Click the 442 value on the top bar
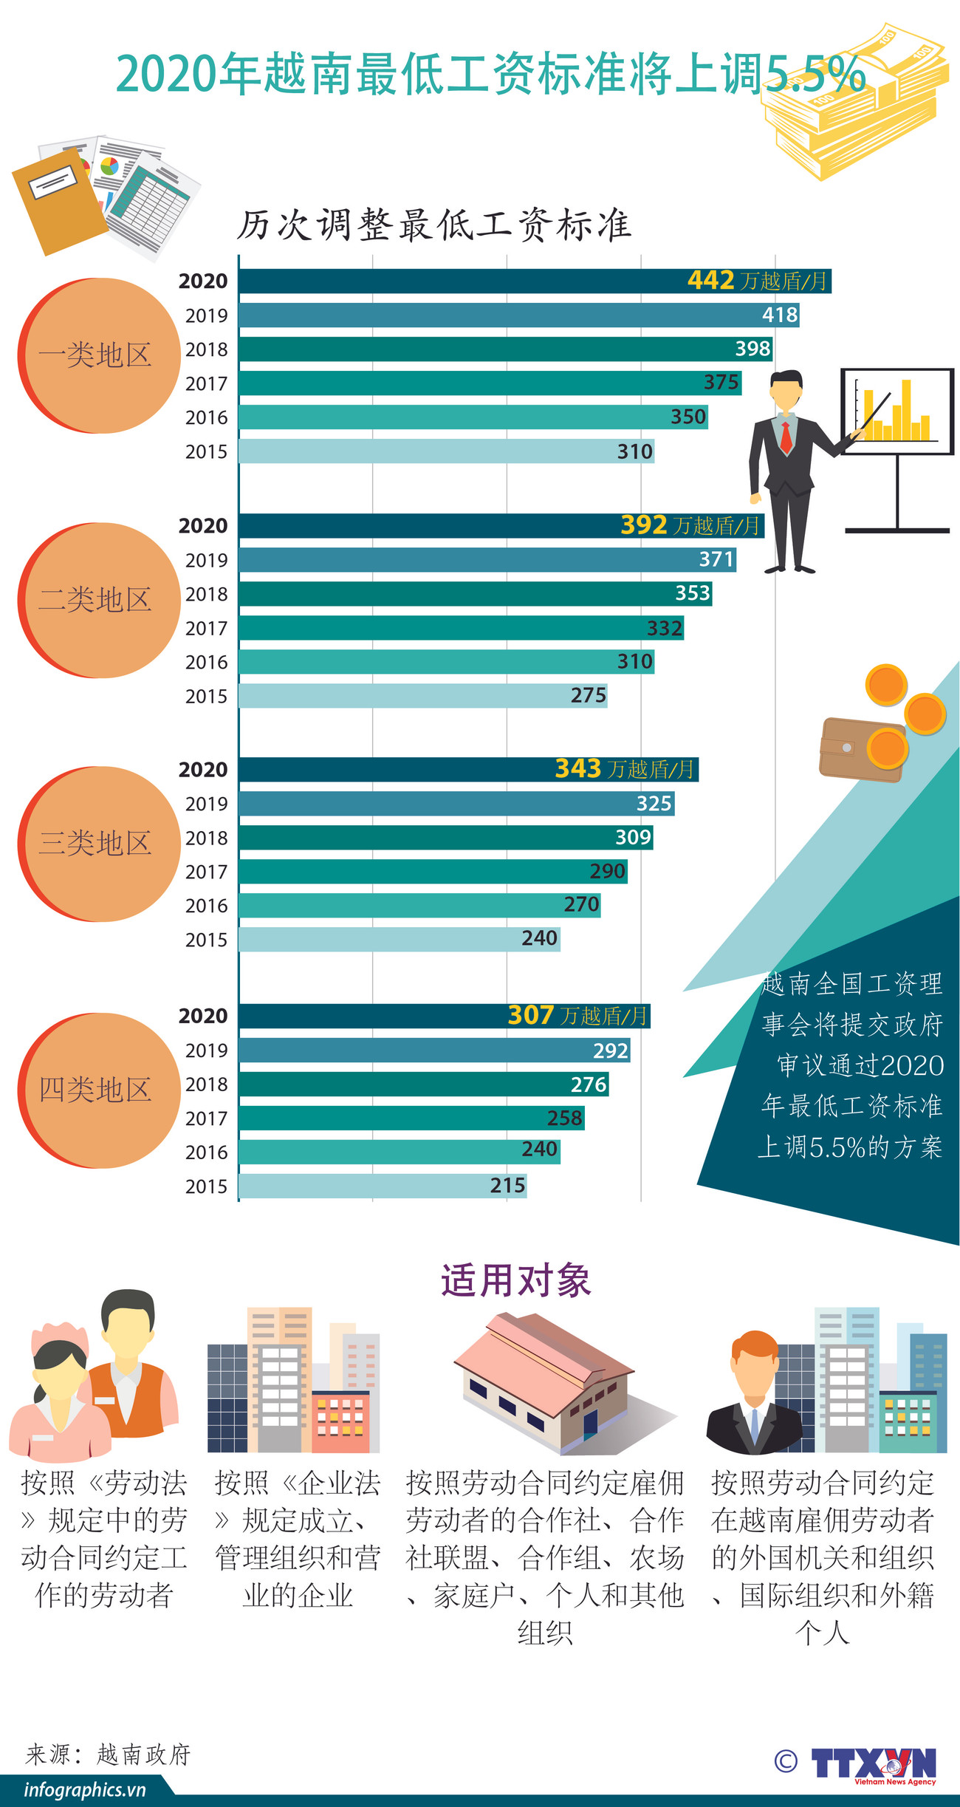click(x=710, y=281)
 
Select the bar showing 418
click(x=517, y=315)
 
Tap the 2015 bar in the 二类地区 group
click(x=421, y=696)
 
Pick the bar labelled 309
click(x=443, y=838)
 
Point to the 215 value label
click(x=508, y=1186)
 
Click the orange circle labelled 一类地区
click(x=99, y=355)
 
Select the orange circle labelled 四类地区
click(x=99, y=1090)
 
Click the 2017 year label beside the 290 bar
click(x=206, y=872)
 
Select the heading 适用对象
click(x=515, y=1281)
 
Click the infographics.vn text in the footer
click(x=85, y=1790)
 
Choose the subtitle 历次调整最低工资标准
click(x=434, y=225)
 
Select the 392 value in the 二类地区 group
click(x=643, y=525)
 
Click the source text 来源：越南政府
click(x=109, y=1755)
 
